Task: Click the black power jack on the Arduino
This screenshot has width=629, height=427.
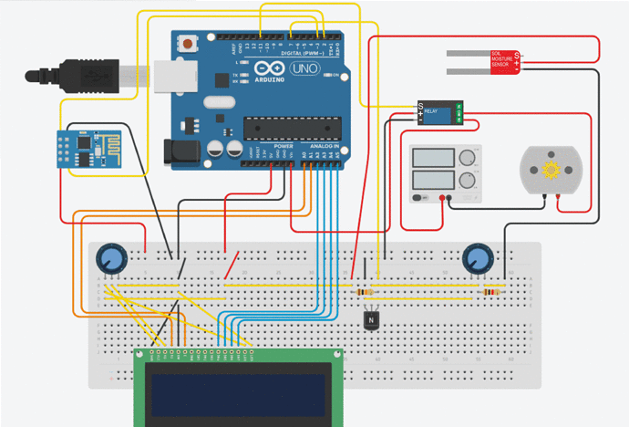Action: tap(180, 152)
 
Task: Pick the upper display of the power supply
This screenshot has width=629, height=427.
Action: tap(434, 156)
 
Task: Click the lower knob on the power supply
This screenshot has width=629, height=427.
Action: tap(469, 179)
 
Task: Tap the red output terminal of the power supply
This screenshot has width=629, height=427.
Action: tap(441, 197)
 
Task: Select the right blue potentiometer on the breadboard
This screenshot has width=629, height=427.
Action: tap(477, 259)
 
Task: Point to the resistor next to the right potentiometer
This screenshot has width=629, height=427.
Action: tap(493, 292)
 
